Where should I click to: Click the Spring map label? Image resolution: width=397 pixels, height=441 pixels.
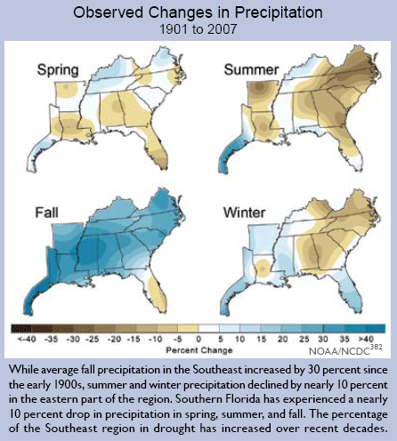58,70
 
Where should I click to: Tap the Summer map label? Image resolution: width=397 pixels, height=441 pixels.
251,70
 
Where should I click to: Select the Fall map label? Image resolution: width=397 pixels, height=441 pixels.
46,212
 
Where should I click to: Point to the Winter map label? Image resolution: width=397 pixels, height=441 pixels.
244,212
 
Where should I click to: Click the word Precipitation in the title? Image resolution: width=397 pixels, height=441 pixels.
279,12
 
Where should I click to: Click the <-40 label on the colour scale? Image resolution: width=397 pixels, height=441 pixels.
27,339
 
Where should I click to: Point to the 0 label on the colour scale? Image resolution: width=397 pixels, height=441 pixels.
198,339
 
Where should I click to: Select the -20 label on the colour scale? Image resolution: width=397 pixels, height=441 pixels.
114,339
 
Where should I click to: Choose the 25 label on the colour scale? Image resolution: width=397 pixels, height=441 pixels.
304,339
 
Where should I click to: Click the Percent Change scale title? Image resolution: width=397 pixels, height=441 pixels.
199,350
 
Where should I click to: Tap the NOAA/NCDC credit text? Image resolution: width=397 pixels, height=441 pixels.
339,351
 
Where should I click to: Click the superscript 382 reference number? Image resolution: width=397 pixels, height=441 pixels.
377,347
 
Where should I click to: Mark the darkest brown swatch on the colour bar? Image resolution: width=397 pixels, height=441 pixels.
21,328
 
